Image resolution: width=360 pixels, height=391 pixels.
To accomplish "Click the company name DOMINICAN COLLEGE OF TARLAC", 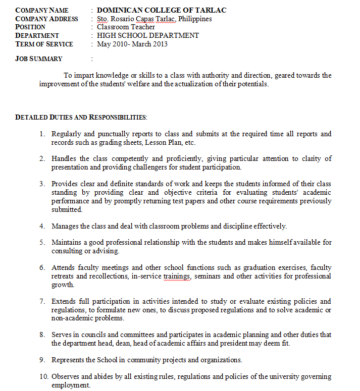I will tap(162, 10).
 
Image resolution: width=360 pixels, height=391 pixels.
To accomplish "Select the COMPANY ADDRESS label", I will tap(46, 19).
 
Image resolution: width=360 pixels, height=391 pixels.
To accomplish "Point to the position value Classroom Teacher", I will tap(126, 27).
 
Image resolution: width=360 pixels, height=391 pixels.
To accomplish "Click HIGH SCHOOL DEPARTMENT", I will tap(148, 35).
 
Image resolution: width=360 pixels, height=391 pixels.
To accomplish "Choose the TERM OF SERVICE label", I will tap(44, 44).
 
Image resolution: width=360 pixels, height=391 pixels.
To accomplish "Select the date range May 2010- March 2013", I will tap(132, 44).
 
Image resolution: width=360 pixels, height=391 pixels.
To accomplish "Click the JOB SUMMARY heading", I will tap(39, 59).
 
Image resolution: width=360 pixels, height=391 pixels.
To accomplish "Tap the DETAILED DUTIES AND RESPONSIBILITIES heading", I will tap(81, 117).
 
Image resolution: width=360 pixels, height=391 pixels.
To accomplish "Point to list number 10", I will tap(44, 376).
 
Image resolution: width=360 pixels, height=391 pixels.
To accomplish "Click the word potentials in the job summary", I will tap(252, 84).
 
